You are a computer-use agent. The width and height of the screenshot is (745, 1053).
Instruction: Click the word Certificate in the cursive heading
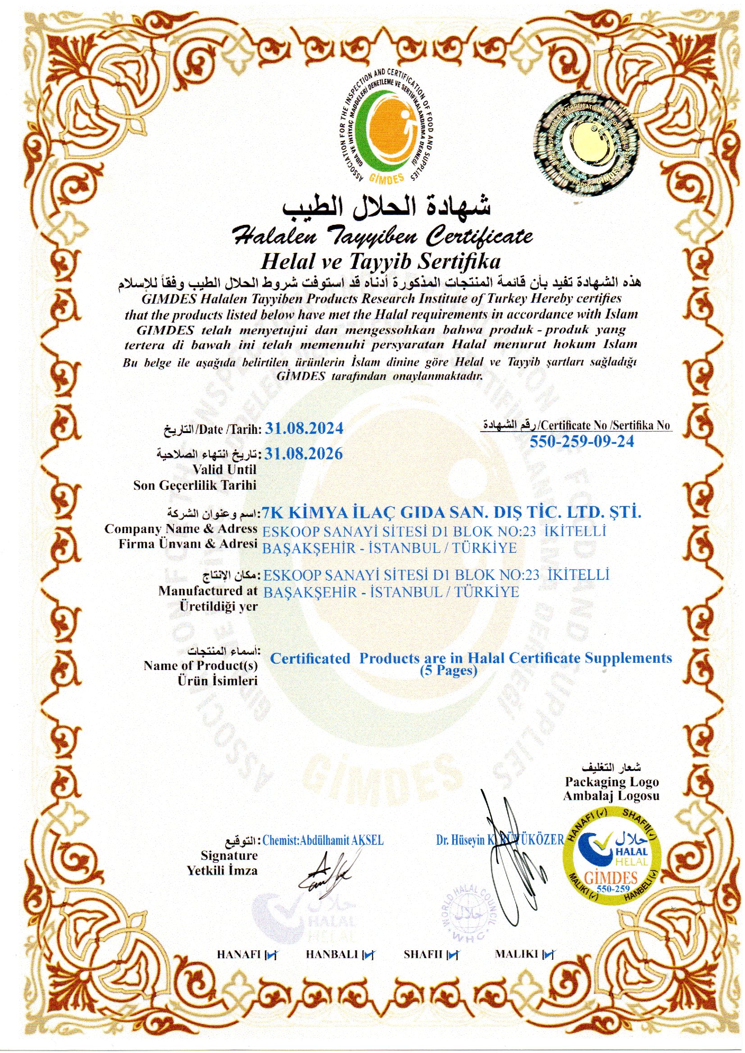tap(480, 237)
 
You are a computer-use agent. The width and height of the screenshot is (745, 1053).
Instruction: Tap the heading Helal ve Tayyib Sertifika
tap(380, 262)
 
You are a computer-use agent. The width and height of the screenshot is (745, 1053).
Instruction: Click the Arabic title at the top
tap(386, 207)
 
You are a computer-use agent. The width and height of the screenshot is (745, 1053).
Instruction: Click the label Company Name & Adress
tap(181, 529)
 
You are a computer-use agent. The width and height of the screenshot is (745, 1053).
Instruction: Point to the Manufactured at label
tap(208, 591)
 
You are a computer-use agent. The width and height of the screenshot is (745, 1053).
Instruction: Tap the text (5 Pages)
tap(449, 670)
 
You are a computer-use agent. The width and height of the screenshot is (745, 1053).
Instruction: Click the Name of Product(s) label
tap(200, 666)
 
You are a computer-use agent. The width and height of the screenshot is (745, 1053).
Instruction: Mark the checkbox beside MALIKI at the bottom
tap(548, 955)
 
